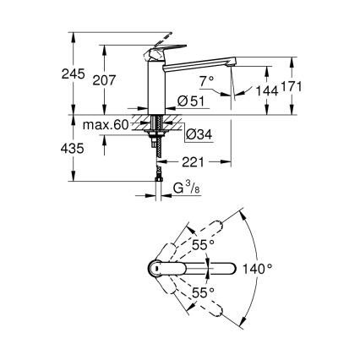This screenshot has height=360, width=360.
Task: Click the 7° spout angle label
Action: click(206, 80)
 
